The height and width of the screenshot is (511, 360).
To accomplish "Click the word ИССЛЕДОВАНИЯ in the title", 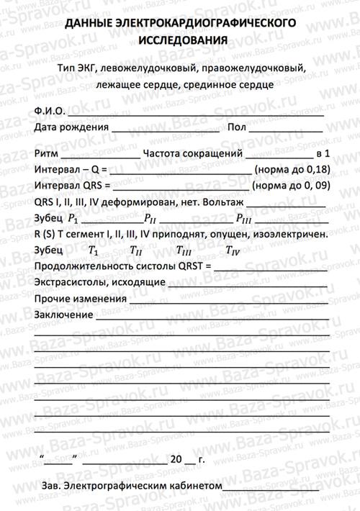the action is click(181, 40).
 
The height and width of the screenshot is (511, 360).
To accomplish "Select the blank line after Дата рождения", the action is click(165, 132).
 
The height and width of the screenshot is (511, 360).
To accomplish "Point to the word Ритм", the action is click(45, 154).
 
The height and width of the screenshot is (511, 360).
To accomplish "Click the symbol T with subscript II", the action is click(135, 252).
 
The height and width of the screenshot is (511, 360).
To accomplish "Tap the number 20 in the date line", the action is click(176, 458).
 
